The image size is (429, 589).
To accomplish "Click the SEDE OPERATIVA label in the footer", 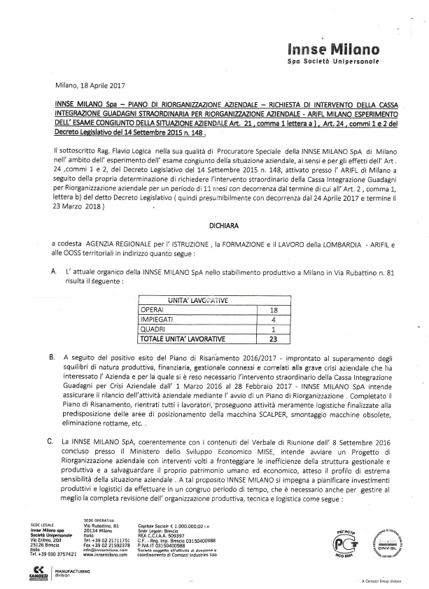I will tap(99, 521).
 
